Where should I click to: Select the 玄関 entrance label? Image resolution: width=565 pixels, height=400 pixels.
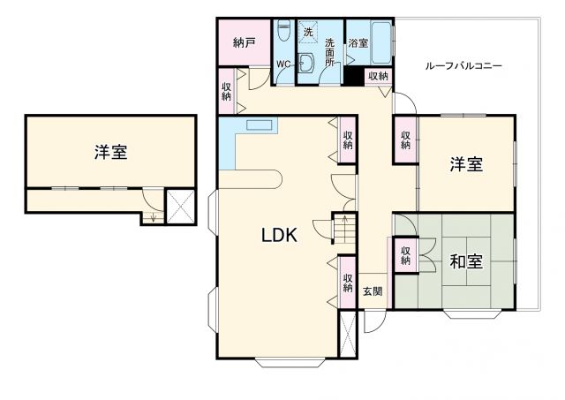(x=373, y=292)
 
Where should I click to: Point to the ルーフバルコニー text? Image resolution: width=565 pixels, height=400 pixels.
(x=464, y=66)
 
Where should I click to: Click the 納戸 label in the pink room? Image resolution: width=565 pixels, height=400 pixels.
(x=245, y=42)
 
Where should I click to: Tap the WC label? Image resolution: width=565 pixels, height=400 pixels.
(x=283, y=65)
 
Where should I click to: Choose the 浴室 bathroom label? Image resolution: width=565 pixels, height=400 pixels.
(x=358, y=42)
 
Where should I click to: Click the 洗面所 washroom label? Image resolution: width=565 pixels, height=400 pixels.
(x=329, y=52)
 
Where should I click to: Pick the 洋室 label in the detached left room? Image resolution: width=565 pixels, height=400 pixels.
(x=111, y=152)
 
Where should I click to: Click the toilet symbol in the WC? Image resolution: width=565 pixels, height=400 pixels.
(x=283, y=33)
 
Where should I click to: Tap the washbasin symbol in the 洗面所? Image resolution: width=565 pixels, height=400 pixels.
(x=305, y=64)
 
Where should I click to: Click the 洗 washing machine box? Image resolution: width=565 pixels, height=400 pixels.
(x=308, y=32)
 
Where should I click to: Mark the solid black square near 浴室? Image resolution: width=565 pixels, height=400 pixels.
(x=354, y=77)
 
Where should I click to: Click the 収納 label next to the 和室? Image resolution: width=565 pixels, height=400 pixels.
(x=405, y=255)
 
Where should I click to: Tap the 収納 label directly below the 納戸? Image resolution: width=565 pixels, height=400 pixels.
(x=227, y=91)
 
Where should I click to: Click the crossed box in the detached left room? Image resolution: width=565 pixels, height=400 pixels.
(x=181, y=208)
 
